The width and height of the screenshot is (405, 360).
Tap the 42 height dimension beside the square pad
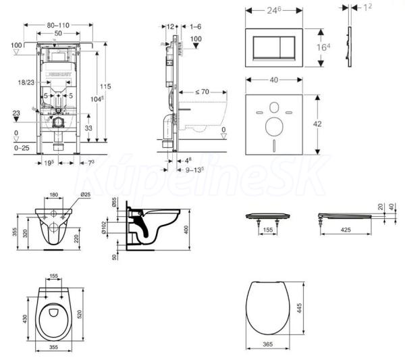point(329,124)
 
